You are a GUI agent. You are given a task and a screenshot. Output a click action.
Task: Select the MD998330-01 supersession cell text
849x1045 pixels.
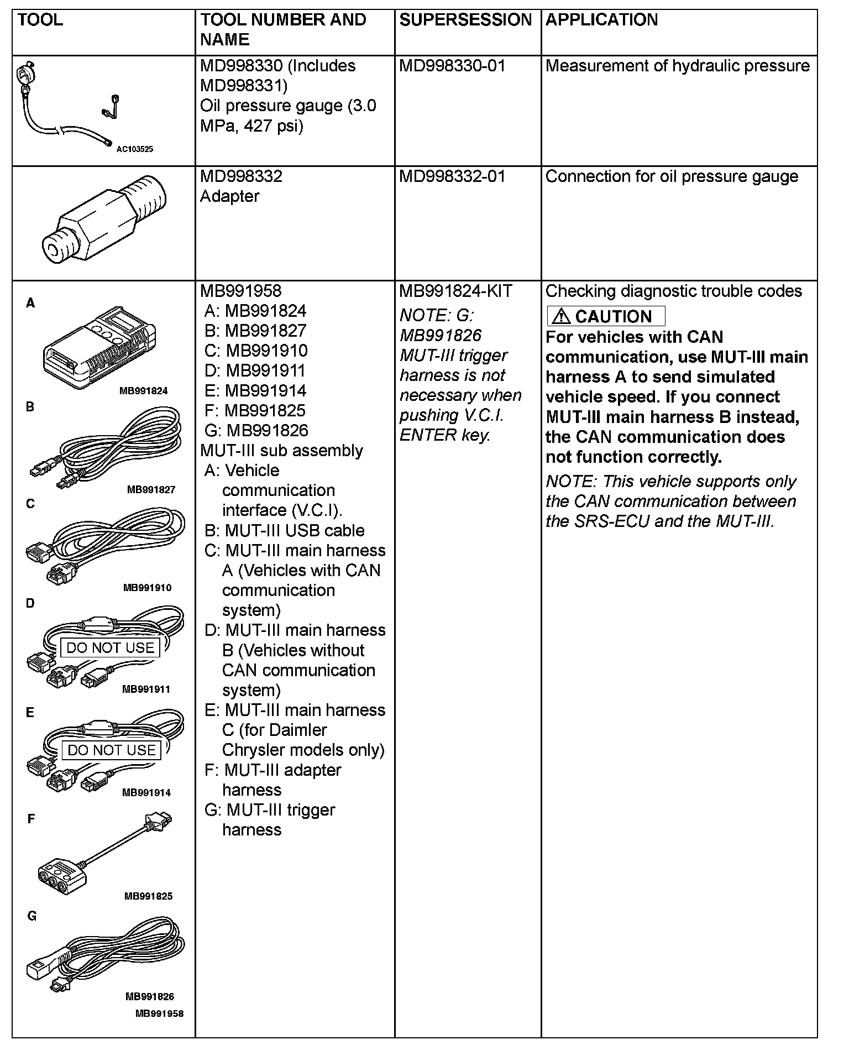[452, 66]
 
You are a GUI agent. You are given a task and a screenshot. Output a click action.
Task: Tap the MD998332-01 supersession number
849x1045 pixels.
[452, 176]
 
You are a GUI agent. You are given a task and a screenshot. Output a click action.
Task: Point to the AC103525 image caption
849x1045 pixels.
[135, 149]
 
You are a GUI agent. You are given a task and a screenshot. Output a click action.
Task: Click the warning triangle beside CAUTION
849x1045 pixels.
[561, 316]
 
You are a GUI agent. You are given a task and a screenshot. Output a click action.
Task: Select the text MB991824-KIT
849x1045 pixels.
[455, 291]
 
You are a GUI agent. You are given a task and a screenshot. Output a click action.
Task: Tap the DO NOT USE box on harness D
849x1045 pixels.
[110, 647]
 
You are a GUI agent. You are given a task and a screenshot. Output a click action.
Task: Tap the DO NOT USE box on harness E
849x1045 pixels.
[111, 750]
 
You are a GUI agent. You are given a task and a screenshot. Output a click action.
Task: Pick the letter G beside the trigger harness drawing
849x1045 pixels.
[32, 916]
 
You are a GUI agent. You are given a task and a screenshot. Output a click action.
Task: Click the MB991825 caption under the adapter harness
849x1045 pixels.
[148, 896]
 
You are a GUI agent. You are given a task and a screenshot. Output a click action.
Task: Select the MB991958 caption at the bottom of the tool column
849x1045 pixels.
[159, 1013]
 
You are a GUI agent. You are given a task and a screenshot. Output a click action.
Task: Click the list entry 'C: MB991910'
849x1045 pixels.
[256, 351]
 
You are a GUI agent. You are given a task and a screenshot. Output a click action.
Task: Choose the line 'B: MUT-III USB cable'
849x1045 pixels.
[284, 530]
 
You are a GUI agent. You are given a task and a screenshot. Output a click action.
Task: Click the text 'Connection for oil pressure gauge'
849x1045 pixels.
[672, 176]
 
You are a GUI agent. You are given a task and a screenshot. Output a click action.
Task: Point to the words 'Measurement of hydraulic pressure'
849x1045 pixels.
[677, 66]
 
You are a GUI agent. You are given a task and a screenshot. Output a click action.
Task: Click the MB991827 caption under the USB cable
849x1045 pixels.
[151, 489]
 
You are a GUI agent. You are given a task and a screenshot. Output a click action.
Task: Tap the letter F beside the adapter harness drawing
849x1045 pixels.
[32, 819]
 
